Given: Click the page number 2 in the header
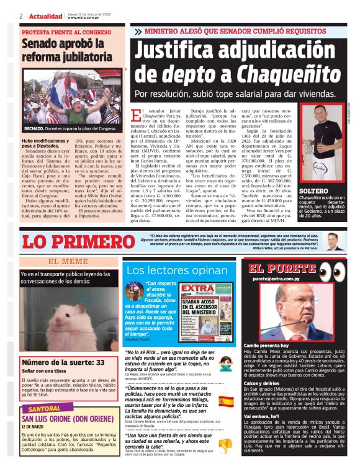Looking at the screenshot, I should coord(21,16).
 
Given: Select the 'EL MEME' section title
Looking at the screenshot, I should coord(68,261).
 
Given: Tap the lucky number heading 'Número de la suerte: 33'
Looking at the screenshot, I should coord(63,362).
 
